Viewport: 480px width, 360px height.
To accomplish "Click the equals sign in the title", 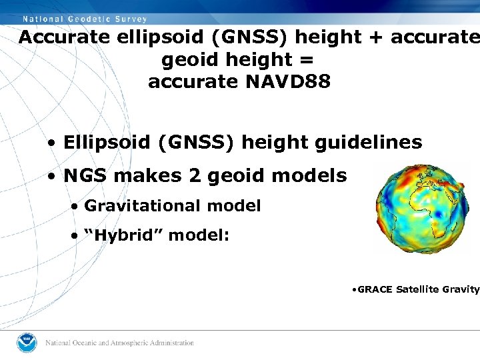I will coord(307,60).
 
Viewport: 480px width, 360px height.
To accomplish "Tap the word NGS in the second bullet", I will coord(84,176).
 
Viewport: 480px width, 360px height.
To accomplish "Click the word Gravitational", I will coord(143,206).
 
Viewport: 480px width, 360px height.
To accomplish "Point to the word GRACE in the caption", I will coord(375,289).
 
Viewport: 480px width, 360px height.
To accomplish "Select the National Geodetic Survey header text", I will coord(84,19).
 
